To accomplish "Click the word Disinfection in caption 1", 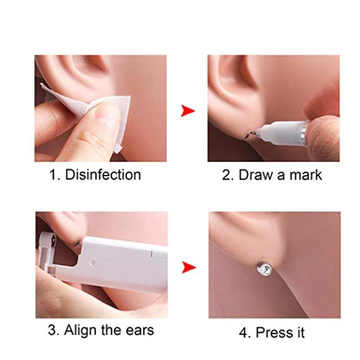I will coord(103,175).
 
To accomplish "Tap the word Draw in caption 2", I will coord(255,175).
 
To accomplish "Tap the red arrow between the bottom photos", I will coord(188,267).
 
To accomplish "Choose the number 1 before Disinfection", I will coord(53,175).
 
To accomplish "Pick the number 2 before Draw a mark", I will coord(226,175).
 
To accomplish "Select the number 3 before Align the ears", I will coord(53,330).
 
